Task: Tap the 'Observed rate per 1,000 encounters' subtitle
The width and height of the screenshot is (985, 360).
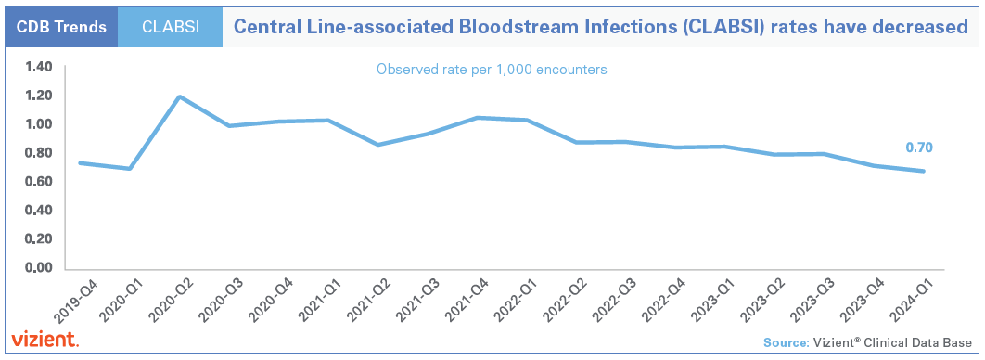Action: pyautogui.click(x=492, y=70)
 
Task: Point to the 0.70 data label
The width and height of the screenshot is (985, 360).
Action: pyautogui.click(x=918, y=148)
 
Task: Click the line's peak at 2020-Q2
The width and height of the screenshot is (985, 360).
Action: pyautogui.click(x=179, y=96)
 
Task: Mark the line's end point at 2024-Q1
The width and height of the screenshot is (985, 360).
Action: pyautogui.click(x=924, y=171)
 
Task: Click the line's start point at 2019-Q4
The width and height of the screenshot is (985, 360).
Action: pyautogui.click(x=80, y=163)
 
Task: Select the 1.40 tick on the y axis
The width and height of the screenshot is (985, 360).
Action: pyautogui.click(x=40, y=67)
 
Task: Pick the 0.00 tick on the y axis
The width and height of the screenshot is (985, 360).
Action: pyautogui.click(x=40, y=268)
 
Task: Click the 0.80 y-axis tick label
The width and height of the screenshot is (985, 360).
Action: pyautogui.click(x=40, y=153)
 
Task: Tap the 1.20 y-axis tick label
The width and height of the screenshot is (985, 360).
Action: pyautogui.click(x=40, y=96)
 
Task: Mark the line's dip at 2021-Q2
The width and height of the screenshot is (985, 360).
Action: pyautogui.click(x=377, y=145)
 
